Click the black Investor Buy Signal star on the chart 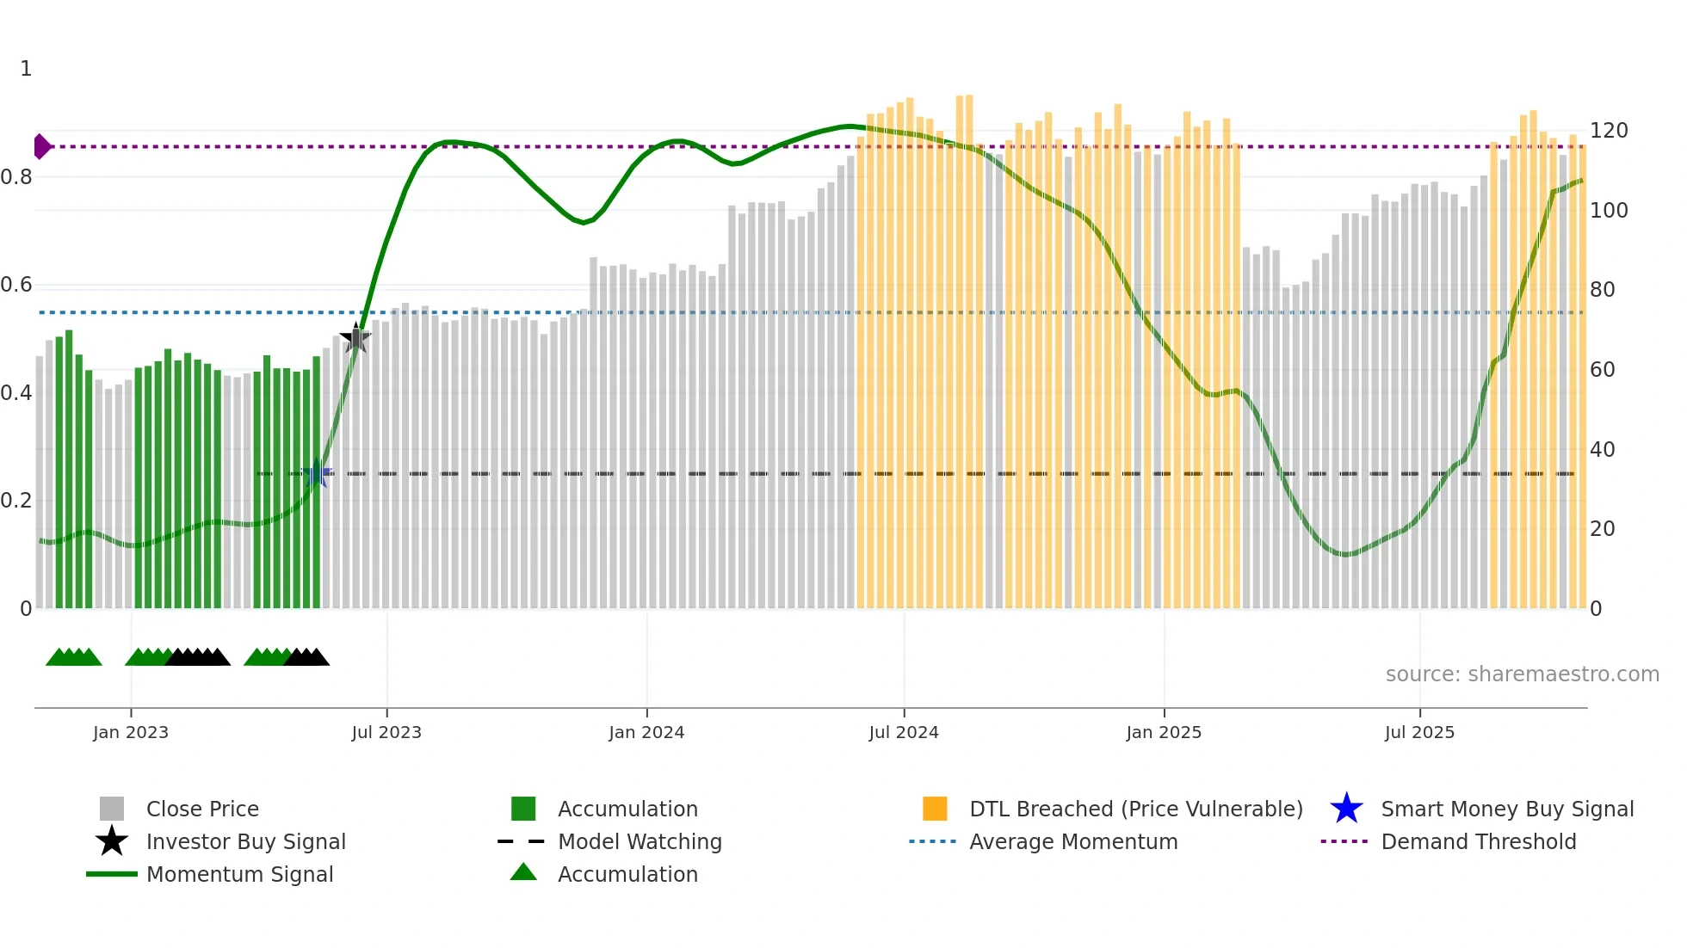[355, 338]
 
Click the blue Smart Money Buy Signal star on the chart [317, 474]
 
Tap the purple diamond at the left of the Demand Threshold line [41, 146]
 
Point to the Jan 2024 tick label [646, 732]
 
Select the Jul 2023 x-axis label [386, 732]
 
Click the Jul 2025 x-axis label [1419, 732]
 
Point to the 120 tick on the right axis [1608, 131]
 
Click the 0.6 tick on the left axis [16, 285]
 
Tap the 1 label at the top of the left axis [26, 69]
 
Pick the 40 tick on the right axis [1602, 449]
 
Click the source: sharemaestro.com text [1522, 674]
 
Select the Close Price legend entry [202, 809]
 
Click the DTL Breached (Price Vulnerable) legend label [1135, 809]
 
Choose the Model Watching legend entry [640, 841]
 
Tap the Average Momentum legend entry [1073, 841]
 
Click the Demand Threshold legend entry [1478, 841]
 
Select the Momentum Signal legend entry [239, 874]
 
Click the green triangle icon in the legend [523, 872]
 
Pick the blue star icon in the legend [1346, 809]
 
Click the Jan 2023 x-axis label [131, 732]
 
